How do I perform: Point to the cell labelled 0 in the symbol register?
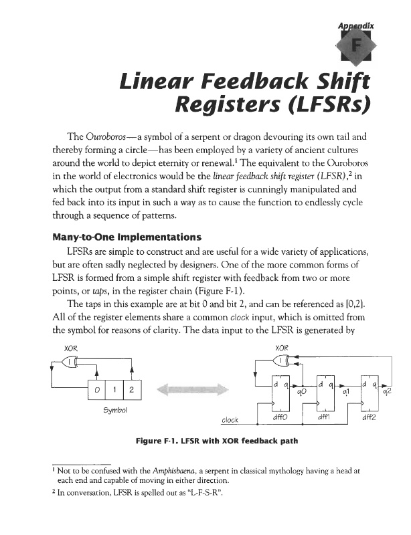point(98,389)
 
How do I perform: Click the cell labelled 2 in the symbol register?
point(133,389)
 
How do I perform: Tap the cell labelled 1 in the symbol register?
point(115,389)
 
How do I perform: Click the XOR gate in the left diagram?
point(69,362)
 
